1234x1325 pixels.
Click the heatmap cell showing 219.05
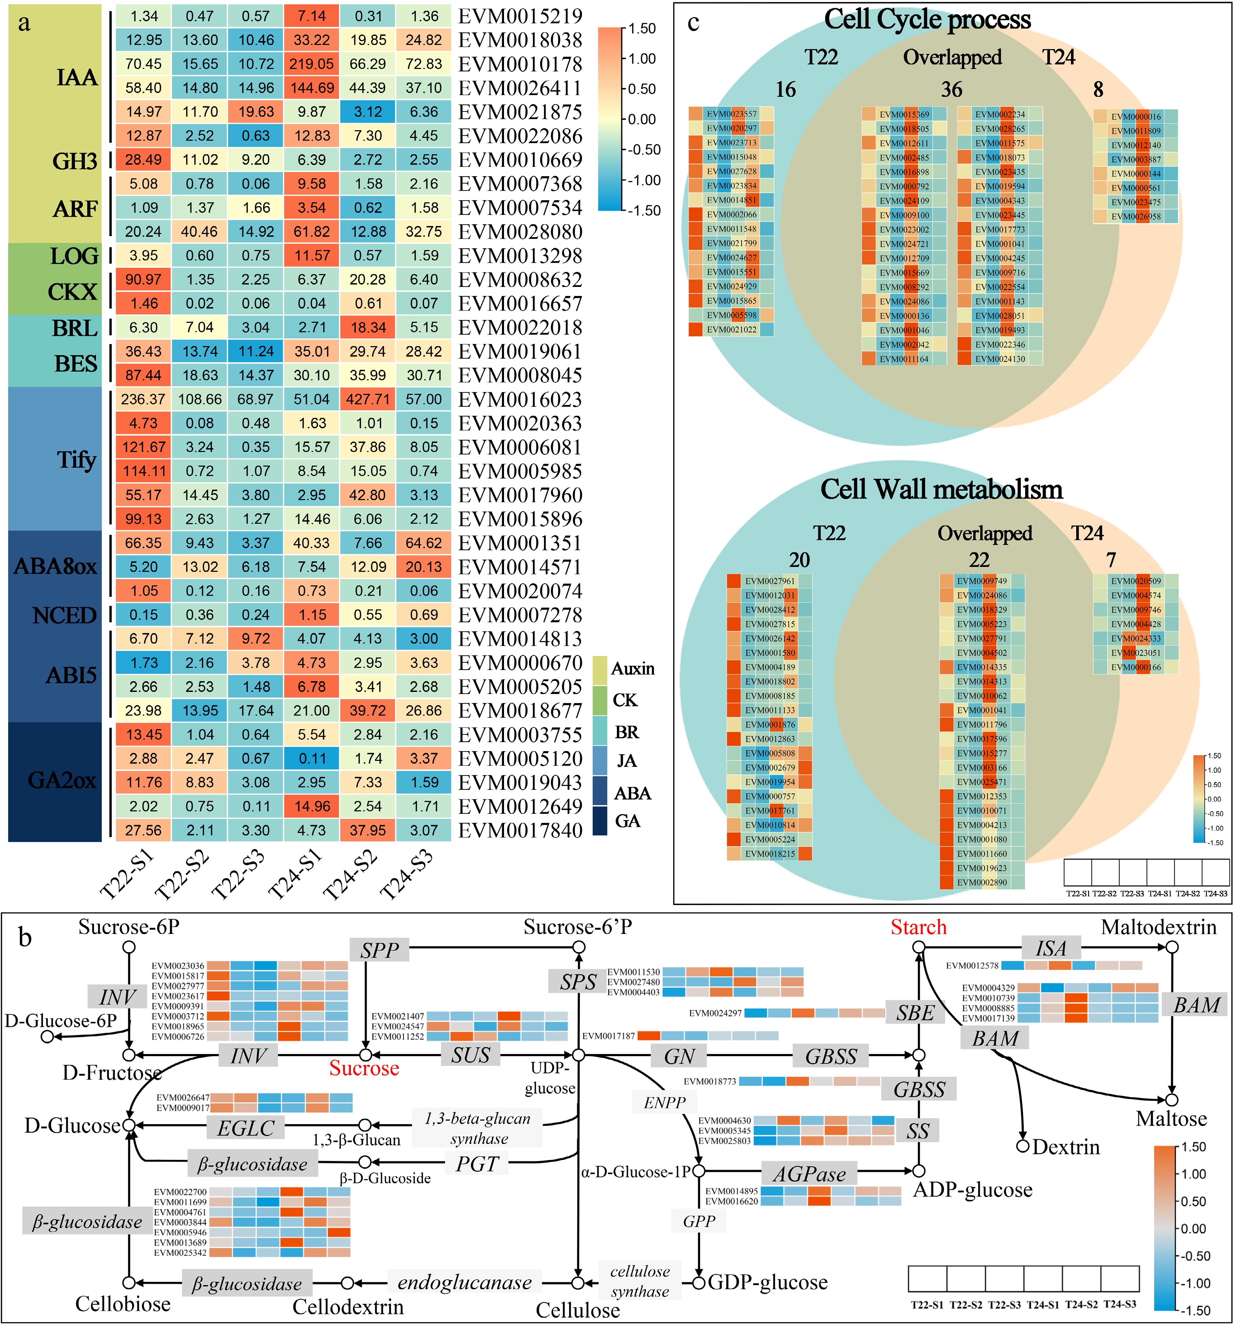point(311,64)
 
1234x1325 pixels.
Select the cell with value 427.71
point(368,399)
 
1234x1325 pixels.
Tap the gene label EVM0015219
point(520,16)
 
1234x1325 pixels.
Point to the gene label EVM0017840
point(520,831)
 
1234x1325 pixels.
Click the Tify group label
point(76,460)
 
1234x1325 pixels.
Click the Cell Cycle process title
point(928,20)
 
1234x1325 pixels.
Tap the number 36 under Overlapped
point(951,89)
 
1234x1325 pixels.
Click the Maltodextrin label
point(1159,927)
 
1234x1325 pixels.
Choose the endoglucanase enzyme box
point(465,1283)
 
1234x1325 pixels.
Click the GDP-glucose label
point(767,1283)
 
